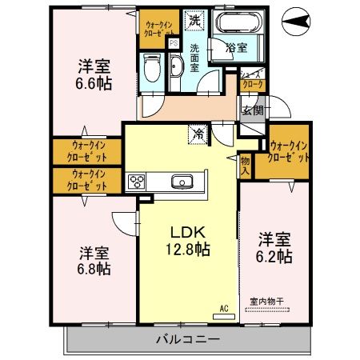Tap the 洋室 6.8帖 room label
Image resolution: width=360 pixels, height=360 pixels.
click(94, 260)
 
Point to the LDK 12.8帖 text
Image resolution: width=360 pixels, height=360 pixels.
click(189, 239)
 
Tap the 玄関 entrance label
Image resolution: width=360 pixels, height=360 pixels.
click(253, 110)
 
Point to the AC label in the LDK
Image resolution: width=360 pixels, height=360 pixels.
click(225, 307)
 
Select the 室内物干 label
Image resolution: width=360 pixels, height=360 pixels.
click(267, 302)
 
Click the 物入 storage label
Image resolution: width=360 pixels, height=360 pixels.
click(246, 166)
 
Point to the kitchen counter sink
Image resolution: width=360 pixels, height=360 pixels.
click(183, 183)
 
